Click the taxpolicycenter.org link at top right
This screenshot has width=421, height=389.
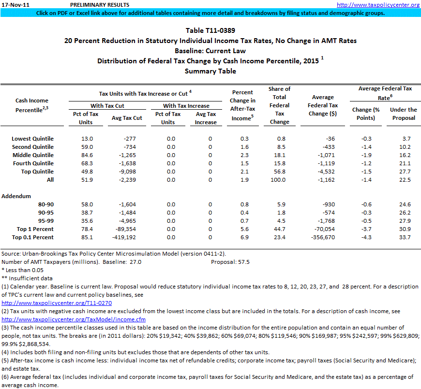[378, 5]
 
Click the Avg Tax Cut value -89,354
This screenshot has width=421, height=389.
[129, 229]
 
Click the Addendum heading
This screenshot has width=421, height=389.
[16, 196]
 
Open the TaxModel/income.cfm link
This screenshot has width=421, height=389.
[74, 319]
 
